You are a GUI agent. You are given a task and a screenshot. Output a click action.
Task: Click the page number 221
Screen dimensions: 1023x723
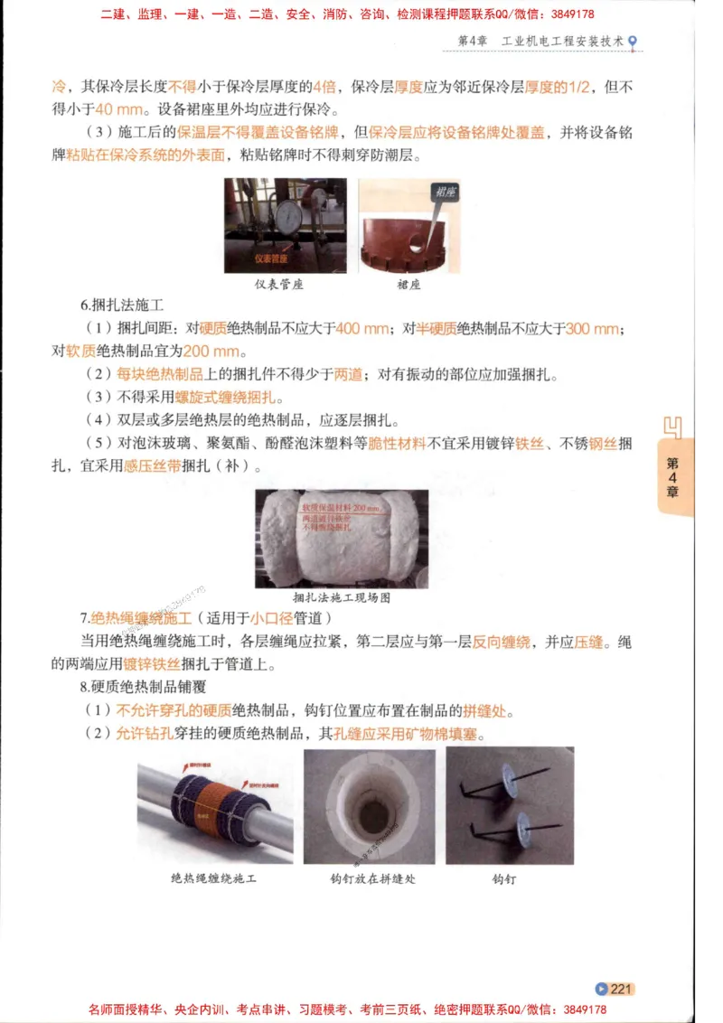pos(620,989)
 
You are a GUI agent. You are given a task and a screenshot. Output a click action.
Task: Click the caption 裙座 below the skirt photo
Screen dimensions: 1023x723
pos(408,284)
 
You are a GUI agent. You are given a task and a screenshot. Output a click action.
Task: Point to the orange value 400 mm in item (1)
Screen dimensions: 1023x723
pos(361,329)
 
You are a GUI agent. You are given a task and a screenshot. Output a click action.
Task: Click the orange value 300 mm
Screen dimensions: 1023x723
pos(593,329)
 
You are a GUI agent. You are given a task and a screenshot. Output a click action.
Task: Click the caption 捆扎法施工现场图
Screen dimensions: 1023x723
pos(342,597)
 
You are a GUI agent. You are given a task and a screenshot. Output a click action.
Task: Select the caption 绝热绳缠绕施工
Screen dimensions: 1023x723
pos(213,878)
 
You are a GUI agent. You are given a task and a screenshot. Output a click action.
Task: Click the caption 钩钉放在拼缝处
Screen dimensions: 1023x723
pos(372,878)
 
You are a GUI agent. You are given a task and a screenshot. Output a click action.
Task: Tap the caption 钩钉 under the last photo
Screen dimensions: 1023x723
pos(504,878)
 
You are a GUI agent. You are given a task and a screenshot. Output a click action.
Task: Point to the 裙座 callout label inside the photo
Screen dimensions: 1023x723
pos(443,192)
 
